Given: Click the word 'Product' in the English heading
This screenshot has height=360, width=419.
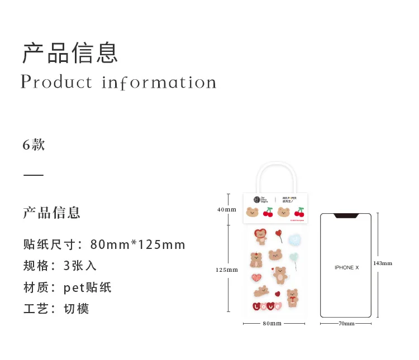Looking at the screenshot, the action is tap(56, 82).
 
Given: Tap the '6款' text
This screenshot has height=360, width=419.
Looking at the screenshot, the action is tap(34, 145).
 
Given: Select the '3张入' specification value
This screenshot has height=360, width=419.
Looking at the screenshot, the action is tap(80, 266).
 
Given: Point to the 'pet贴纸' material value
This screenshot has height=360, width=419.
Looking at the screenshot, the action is tap(88, 287).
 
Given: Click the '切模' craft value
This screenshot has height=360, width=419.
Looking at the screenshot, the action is tap(77, 309).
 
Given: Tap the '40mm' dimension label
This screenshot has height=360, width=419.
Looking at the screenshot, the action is tap(227, 209).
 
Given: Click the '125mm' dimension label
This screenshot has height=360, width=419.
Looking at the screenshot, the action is tap(227, 270).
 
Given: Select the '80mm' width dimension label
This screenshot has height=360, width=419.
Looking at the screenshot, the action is tap(272, 323).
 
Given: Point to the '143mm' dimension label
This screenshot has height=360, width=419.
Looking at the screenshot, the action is tap(383, 263).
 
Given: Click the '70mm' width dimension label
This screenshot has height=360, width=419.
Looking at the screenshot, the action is tap(346, 323).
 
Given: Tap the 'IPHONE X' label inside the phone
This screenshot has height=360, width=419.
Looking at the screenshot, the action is tap(346, 267).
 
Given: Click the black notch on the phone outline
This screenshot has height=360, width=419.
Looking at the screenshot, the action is tap(346, 215).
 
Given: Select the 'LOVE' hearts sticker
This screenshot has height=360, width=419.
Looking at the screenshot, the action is tap(266, 306).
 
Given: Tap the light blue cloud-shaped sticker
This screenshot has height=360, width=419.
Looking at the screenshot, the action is tap(294, 239).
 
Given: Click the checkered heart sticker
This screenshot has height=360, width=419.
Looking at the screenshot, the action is tap(256, 276).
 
